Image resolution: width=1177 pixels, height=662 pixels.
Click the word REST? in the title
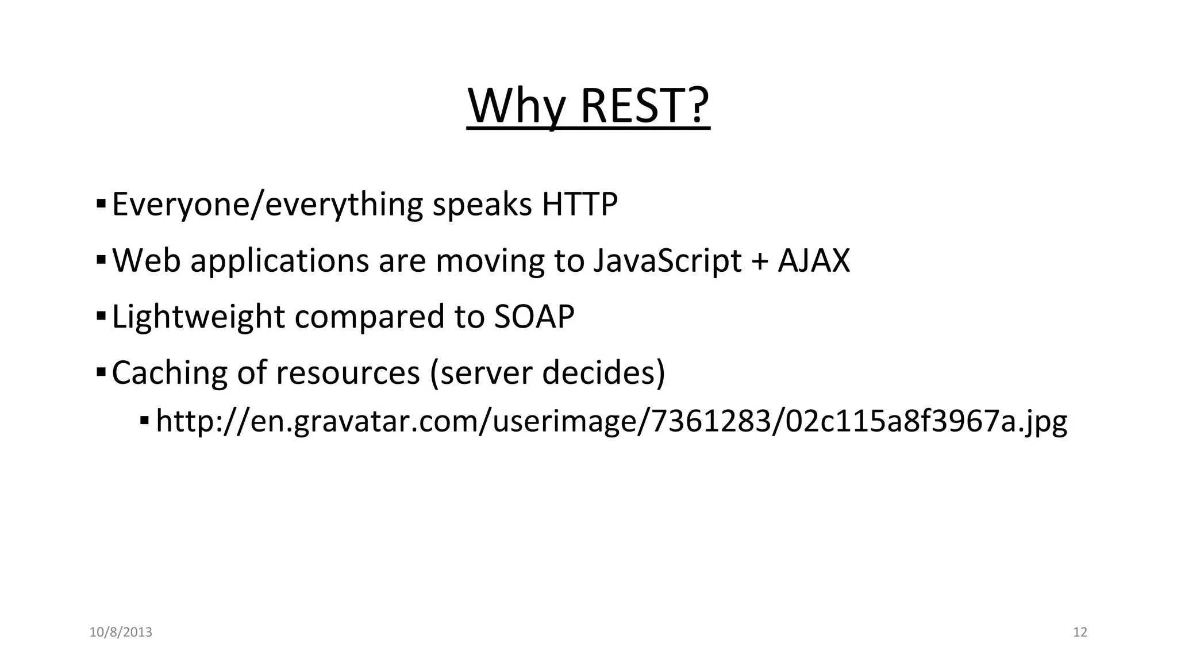(645, 106)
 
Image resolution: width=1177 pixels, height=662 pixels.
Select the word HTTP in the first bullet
(579, 204)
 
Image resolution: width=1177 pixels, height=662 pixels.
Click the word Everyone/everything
(267, 204)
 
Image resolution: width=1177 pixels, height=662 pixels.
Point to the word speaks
(482, 204)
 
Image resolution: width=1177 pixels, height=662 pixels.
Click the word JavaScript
(667, 260)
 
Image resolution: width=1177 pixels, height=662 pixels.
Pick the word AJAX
(813, 260)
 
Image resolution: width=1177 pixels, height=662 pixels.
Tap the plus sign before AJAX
(760, 261)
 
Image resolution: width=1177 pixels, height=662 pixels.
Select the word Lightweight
(198, 317)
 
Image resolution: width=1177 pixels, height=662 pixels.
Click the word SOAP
(534, 317)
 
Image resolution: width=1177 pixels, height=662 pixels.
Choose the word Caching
(170, 372)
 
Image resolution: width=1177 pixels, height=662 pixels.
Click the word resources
(348, 372)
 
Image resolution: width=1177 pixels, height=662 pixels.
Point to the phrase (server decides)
(547, 372)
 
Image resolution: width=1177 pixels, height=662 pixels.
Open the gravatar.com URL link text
(611, 421)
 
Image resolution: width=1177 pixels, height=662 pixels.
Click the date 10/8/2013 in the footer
(121, 632)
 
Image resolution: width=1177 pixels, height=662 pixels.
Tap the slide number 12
(1080, 632)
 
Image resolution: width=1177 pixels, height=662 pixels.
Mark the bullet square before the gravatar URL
(144, 422)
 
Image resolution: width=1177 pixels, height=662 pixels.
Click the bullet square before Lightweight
(101, 316)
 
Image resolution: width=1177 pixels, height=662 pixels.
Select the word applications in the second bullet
(279, 260)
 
